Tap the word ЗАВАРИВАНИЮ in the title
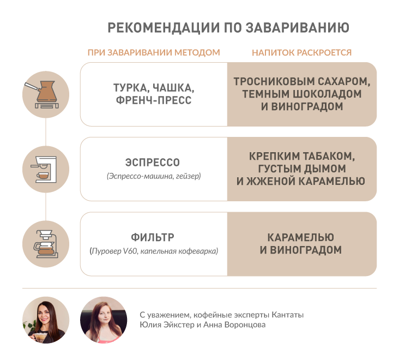click(298, 27)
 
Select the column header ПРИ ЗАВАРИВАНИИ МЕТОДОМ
click(154, 52)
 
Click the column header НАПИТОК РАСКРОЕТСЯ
click(301, 52)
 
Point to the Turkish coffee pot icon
click(46, 94)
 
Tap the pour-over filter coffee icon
click(46, 244)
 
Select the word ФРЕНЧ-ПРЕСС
click(154, 100)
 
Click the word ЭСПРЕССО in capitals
click(153, 163)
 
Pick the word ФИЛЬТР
click(153, 237)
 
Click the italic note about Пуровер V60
click(154, 251)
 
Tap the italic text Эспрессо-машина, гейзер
click(154, 176)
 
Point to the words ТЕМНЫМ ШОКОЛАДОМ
click(302, 94)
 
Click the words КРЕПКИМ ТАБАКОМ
click(302, 157)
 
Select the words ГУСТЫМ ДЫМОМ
click(302, 169)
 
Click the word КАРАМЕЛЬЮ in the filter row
click(300, 237)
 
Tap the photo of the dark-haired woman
click(46, 320)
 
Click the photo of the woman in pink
click(104, 320)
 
